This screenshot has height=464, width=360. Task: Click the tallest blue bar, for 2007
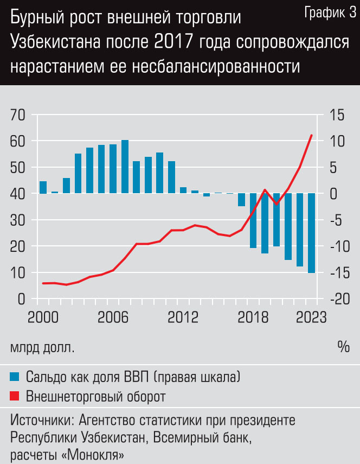[x=125, y=167]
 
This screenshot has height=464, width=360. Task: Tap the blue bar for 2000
[x=43, y=187]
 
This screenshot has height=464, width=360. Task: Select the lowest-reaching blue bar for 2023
[x=312, y=233]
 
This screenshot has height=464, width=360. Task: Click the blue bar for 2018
[x=253, y=220]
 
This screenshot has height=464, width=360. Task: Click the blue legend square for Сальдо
[x=15, y=376]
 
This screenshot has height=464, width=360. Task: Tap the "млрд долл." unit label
[x=42, y=347]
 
